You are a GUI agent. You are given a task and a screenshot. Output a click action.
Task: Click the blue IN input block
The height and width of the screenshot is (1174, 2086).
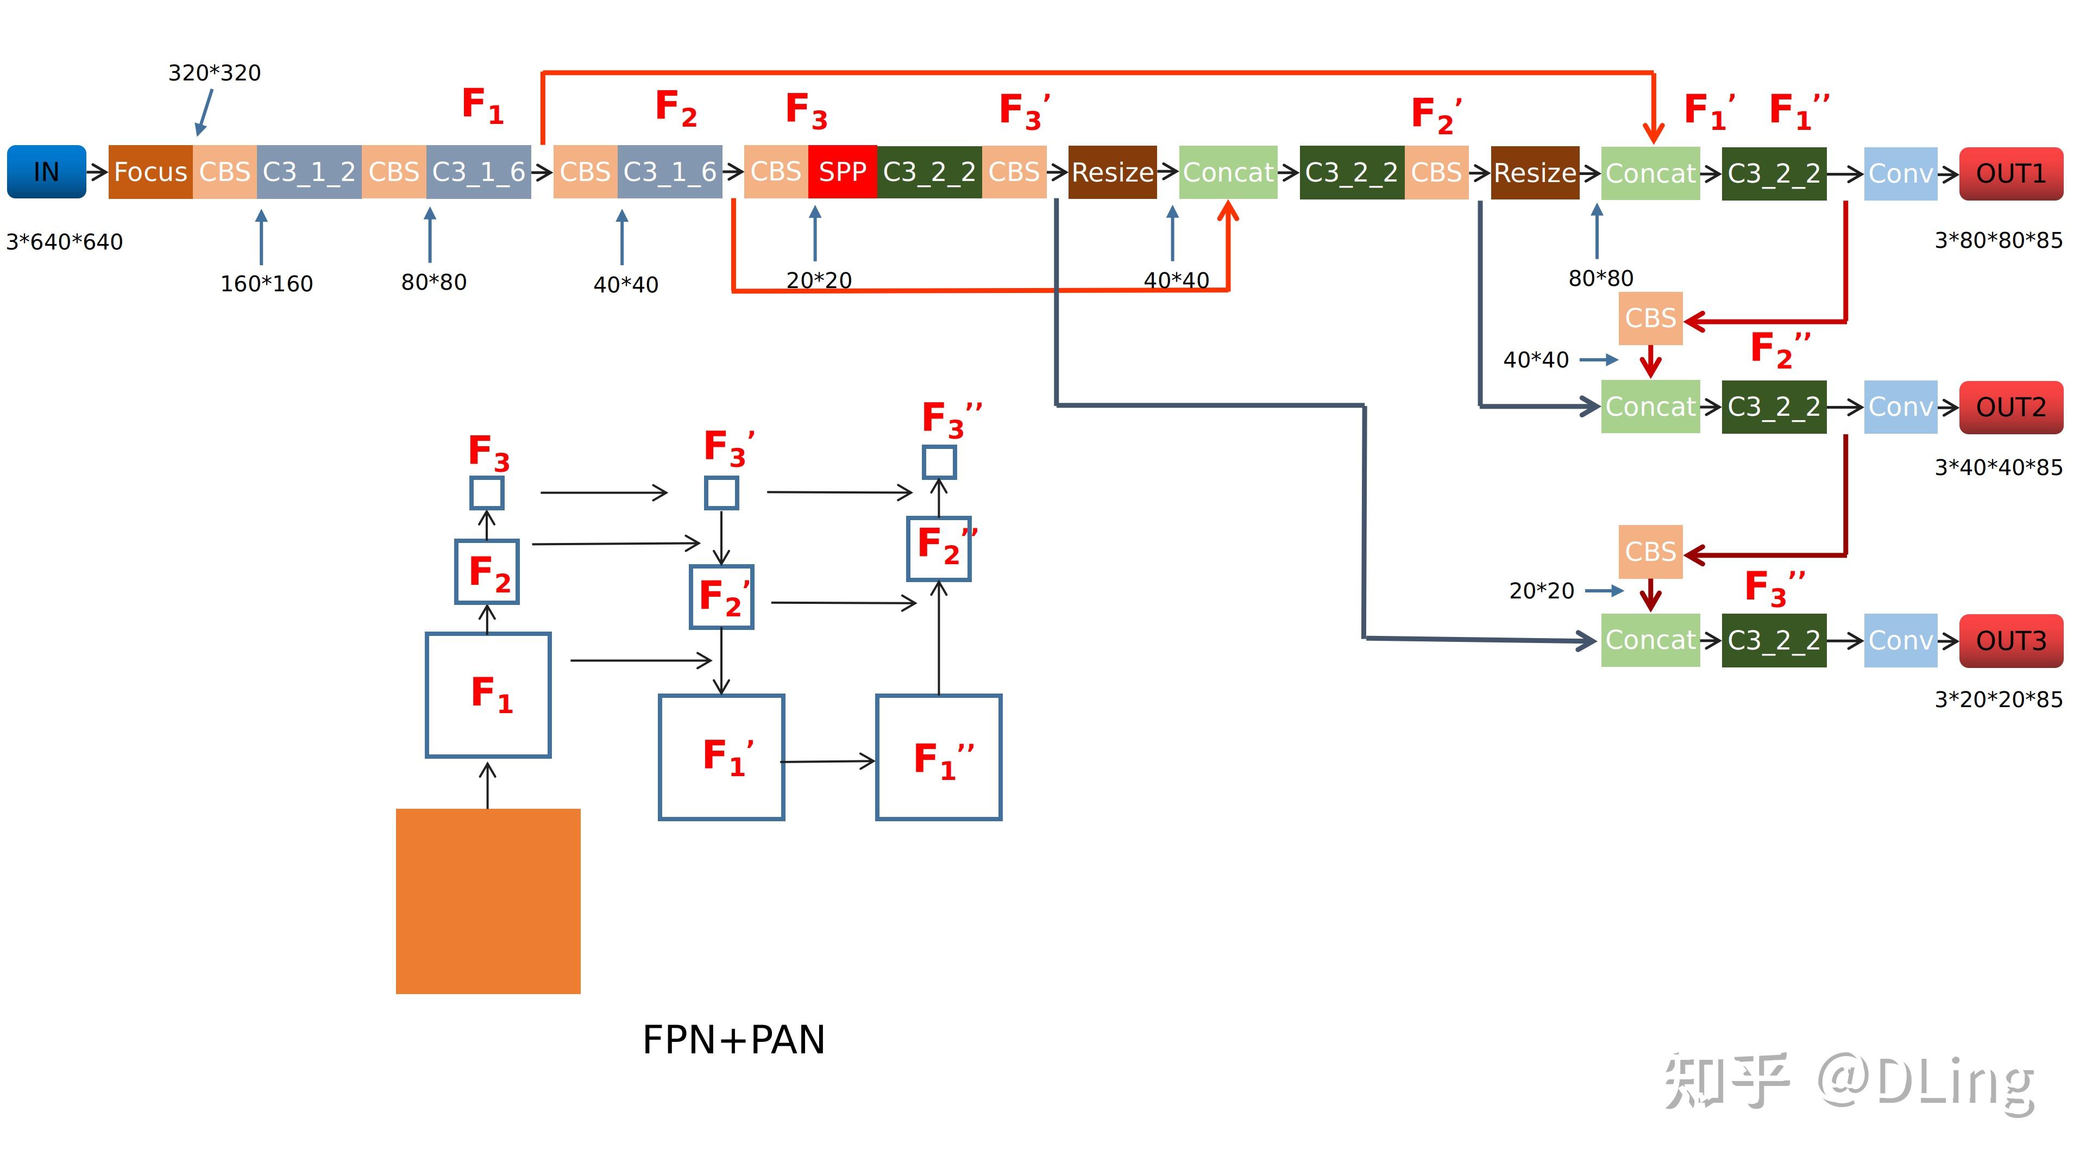point(46,172)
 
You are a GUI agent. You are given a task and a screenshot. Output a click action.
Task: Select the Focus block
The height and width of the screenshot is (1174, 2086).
point(150,172)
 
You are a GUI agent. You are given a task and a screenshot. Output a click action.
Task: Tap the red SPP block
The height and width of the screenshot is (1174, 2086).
point(842,172)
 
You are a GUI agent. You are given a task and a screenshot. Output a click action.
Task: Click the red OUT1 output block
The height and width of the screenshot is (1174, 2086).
point(2010,173)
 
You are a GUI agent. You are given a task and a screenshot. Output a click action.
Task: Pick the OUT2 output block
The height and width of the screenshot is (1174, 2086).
point(2010,407)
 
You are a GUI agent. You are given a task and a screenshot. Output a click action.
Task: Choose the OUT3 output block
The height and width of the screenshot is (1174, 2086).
point(2010,641)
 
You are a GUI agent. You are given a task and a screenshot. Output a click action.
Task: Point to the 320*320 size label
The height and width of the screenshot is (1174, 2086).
point(215,73)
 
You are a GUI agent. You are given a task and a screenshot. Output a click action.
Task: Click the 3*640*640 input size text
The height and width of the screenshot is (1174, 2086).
point(65,241)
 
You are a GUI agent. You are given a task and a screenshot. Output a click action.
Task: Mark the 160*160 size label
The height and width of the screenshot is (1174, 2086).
point(266,284)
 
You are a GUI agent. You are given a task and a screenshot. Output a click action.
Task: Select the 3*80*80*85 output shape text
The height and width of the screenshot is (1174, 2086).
point(1999,241)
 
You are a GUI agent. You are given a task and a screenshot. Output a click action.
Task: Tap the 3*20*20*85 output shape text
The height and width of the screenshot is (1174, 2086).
point(1999,699)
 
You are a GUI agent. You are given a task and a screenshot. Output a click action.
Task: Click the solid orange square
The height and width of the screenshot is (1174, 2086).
point(488,901)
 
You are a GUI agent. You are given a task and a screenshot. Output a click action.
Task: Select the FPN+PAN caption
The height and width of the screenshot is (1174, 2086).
point(734,1040)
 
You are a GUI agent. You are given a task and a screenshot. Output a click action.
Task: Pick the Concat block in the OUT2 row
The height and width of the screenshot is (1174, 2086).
point(1650,407)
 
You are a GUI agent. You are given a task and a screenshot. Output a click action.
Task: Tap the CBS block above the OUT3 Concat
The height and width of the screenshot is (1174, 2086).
point(1650,552)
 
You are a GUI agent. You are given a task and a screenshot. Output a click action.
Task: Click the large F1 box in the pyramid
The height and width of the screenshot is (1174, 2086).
point(488,695)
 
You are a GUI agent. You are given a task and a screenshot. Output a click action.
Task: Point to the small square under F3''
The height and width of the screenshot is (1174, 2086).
point(939,463)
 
